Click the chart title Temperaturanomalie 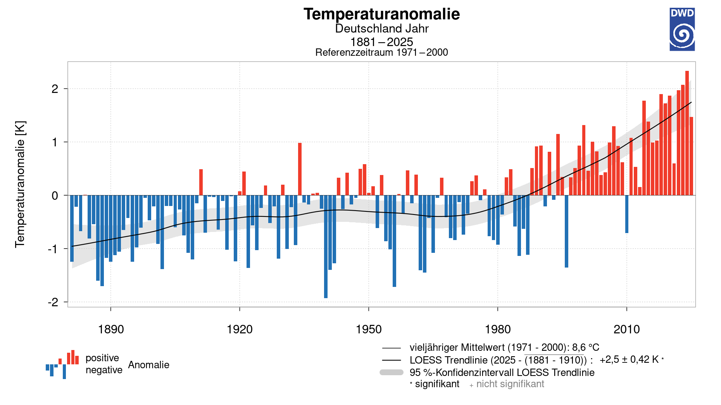click(x=381, y=14)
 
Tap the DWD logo click(x=682, y=29)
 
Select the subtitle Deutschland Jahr click(x=381, y=29)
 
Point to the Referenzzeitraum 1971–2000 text click(x=381, y=52)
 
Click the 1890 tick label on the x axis click(x=111, y=329)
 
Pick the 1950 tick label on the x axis click(x=369, y=329)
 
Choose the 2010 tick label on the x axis click(x=626, y=329)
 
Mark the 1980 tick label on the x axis click(x=498, y=329)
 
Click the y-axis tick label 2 click(x=55, y=89)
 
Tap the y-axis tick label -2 click(x=53, y=302)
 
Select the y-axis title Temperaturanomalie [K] click(x=20, y=184)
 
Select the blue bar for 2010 click(x=627, y=214)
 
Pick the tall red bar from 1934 click(x=300, y=169)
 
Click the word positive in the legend click(x=102, y=358)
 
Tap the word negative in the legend click(x=103, y=370)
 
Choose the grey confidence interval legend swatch click(x=392, y=372)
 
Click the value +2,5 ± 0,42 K click(x=629, y=360)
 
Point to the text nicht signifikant click(x=510, y=384)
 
